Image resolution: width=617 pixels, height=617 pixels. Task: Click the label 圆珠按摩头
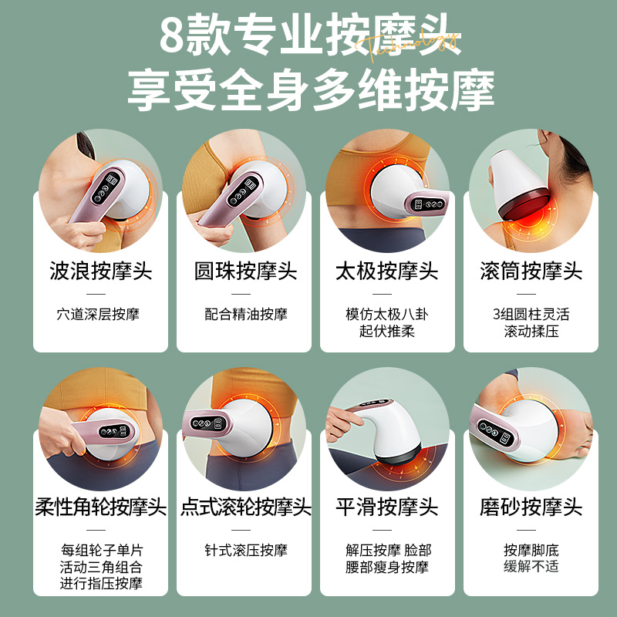click(244, 271)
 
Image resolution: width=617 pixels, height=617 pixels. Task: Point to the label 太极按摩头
click(387, 271)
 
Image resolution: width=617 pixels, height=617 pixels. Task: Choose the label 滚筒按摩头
click(531, 271)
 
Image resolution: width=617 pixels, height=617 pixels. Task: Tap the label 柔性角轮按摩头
click(100, 507)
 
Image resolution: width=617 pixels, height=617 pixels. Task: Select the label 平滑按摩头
click(387, 507)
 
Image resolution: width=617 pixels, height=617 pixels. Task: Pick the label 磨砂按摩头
click(531, 507)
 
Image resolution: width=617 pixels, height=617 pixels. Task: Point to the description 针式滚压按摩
click(245, 550)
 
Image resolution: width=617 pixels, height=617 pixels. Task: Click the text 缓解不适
click(531, 566)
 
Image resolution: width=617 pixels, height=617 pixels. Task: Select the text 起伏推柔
click(387, 331)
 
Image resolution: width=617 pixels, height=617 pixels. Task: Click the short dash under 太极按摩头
click(386, 294)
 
